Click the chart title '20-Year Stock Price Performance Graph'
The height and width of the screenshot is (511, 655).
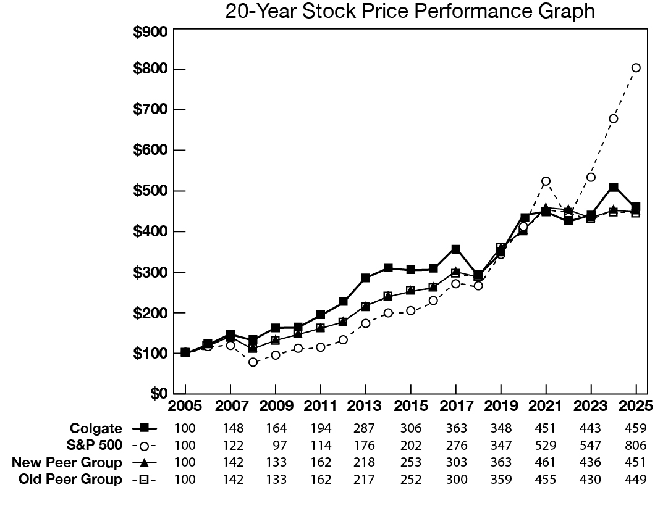pos(410,12)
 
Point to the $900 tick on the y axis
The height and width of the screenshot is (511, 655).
pos(152,33)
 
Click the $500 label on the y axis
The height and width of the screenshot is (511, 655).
pos(152,191)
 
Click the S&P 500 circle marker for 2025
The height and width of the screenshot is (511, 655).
pos(636,68)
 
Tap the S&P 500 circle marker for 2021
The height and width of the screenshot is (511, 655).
pos(546,181)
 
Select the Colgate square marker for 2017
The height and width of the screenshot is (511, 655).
pos(455,249)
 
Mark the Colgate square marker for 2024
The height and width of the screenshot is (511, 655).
pos(614,187)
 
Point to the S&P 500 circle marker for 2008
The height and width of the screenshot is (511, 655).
pos(253,362)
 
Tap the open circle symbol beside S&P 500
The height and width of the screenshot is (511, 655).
pos(144,446)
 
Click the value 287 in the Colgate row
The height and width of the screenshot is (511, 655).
pos(365,428)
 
